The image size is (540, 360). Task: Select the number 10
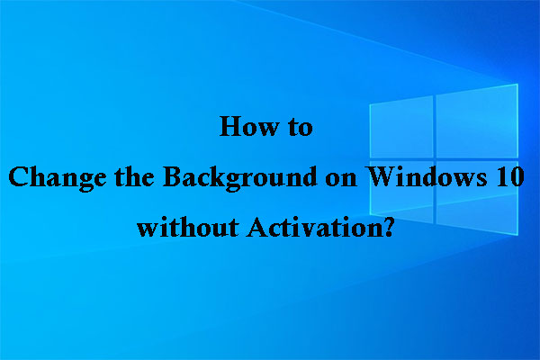point(505,176)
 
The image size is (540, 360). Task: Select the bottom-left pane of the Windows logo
point(401,209)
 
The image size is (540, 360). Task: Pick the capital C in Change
point(18,176)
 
